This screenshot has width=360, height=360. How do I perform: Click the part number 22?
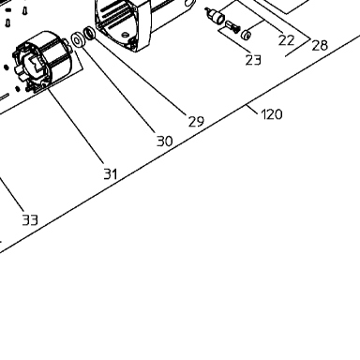coord(286,40)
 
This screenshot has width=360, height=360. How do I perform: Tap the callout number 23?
coord(253,60)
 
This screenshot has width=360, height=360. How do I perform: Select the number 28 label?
coord(320,45)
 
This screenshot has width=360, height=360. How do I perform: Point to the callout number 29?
coord(196,121)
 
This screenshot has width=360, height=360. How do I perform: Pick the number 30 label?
coord(164,142)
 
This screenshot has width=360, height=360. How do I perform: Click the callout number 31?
coord(111,173)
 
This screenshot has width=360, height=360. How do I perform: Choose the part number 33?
coord(30,220)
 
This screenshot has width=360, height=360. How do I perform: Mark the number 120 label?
coord(272,114)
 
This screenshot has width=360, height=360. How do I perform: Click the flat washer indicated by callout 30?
coord(77,40)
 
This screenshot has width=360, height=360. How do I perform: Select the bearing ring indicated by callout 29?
coord(90,33)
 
